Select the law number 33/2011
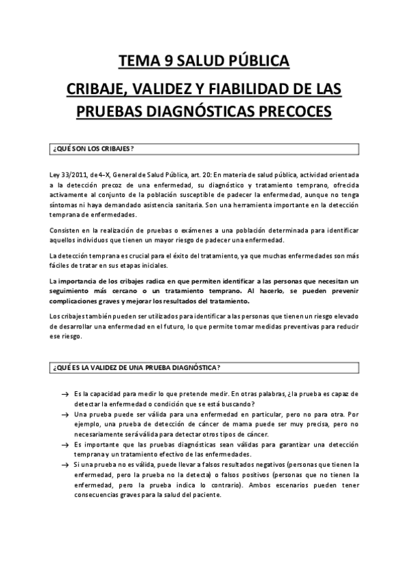click(x=75, y=174)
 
